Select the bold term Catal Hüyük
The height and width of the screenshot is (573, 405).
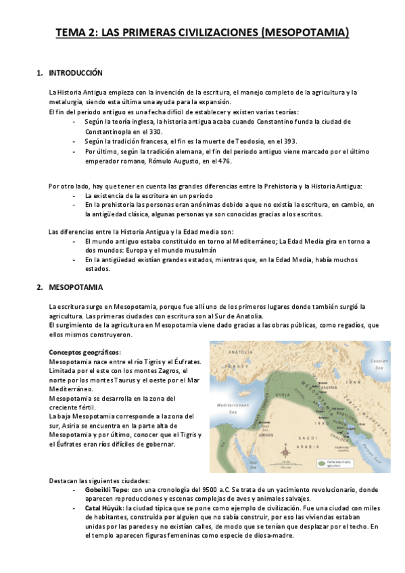click(x=103, y=507)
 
